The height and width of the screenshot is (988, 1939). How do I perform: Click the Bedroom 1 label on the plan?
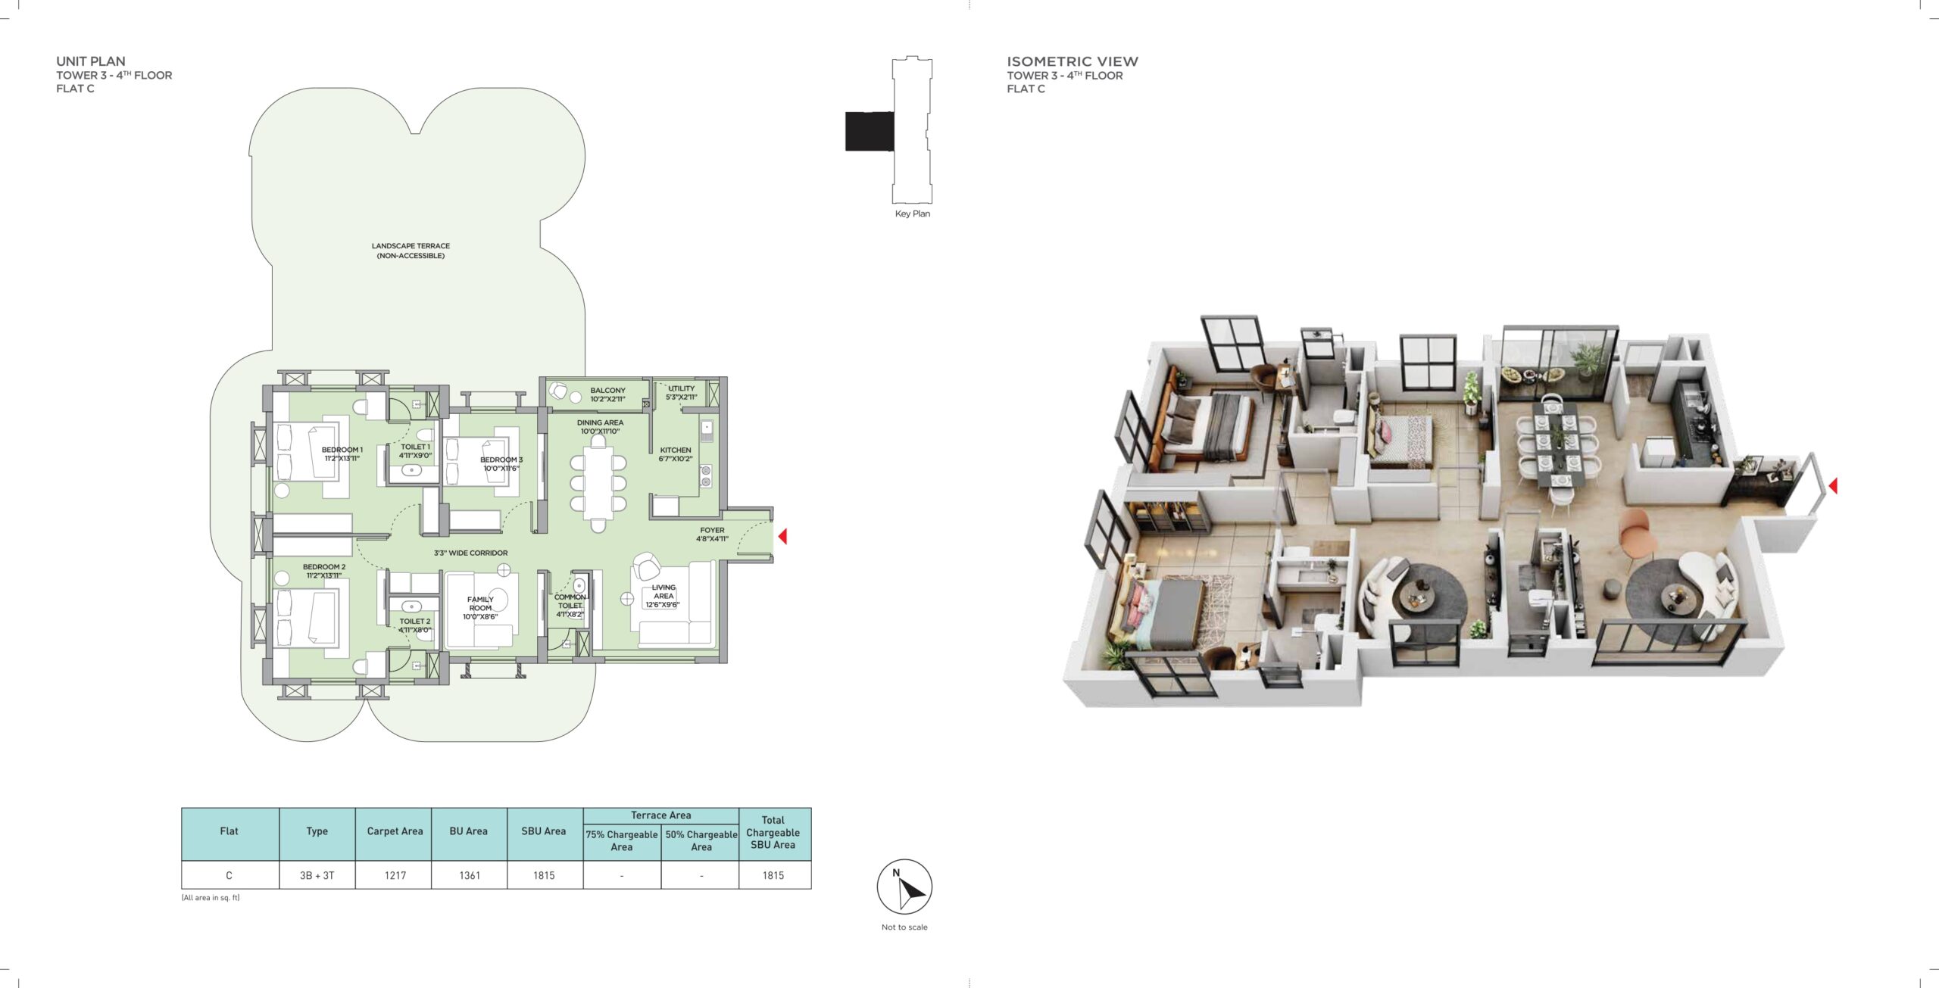pos(342,453)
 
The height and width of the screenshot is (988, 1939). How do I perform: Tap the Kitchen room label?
pos(676,453)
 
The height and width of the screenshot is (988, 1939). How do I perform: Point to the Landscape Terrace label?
pos(411,251)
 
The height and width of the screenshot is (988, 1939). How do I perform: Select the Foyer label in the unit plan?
pos(712,535)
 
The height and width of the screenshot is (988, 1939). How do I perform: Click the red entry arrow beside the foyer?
pos(783,536)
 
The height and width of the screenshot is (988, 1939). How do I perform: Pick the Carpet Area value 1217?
pos(395,875)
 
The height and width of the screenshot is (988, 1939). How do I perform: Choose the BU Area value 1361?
pos(470,875)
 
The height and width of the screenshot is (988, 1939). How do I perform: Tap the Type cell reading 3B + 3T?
pos(317,875)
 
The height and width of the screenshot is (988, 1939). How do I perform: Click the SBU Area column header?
pos(544,831)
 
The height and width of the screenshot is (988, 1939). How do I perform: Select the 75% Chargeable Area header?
pos(622,840)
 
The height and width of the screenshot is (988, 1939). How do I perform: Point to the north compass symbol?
pos(904,887)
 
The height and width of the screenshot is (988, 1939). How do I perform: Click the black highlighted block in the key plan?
pos(870,131)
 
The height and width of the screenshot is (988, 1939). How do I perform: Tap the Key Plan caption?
pos(913,213)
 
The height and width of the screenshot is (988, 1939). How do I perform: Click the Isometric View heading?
pos(1073,61)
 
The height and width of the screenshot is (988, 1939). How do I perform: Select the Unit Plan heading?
pos(91,61)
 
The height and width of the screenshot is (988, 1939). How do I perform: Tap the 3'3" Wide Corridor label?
pos(470,553)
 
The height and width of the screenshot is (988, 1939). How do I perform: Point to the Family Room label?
pos(480,608)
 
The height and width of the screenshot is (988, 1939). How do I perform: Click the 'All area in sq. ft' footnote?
pos(211,898)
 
